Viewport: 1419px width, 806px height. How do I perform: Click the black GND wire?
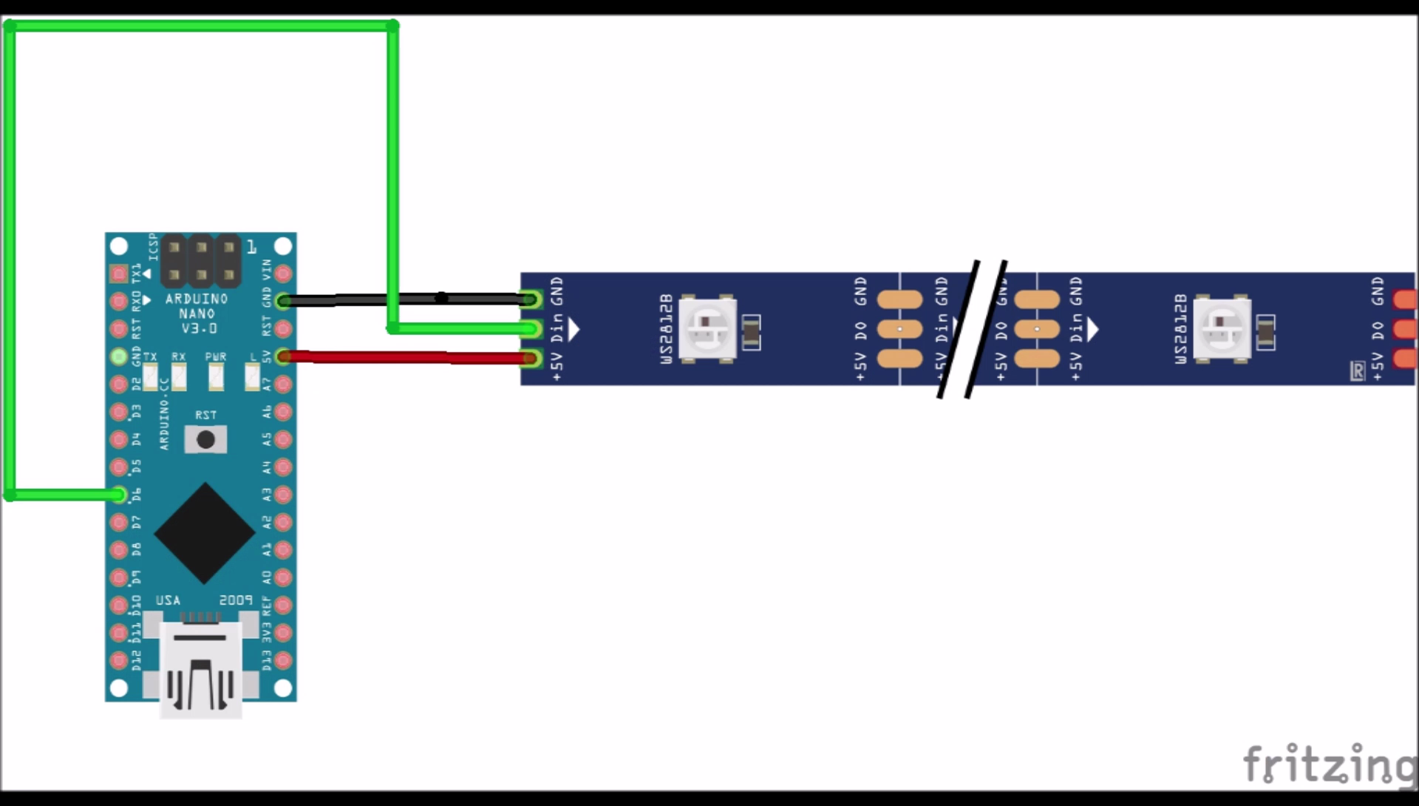point(406,299)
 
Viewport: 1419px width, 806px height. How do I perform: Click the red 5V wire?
point(406,358)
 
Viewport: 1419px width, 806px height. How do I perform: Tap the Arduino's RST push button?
point(205,439)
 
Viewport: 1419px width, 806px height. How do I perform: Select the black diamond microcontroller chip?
point(205,533)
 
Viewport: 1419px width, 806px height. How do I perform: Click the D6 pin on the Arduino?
point(118,495)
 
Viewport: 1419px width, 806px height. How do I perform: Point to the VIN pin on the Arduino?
point(283,274)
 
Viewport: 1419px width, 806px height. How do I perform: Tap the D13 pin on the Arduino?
point(283,660)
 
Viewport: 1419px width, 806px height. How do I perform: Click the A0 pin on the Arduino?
point(283,578)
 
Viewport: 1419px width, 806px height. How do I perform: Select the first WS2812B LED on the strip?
point(708,329)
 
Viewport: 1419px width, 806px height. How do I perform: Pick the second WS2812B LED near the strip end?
point(1222,329)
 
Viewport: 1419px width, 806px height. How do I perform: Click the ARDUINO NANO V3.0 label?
point(197,313)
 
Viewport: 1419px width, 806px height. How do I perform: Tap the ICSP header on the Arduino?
point(201,261)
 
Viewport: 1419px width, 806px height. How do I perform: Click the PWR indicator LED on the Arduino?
point(216,376)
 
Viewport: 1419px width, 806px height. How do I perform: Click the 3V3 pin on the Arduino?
point(283,633)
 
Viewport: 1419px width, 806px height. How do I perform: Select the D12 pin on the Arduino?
point(118,660)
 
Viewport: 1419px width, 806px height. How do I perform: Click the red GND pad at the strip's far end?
point(1404,299)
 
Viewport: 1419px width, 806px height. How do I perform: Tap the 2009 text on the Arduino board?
point(236,600)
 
